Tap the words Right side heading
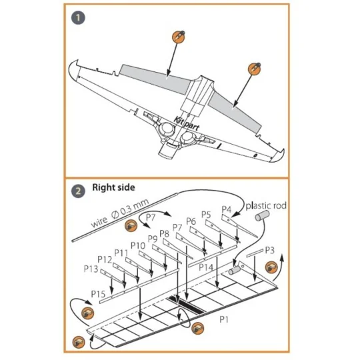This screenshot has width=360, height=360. coord(114,189)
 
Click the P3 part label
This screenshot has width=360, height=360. coord(269,250)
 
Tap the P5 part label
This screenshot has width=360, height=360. coord(207,215)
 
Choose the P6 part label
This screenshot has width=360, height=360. coord(191,221)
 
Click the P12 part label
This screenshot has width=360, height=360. coord(105,259)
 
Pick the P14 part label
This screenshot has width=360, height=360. coord(206,267)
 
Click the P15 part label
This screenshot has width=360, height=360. coord(98,293)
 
